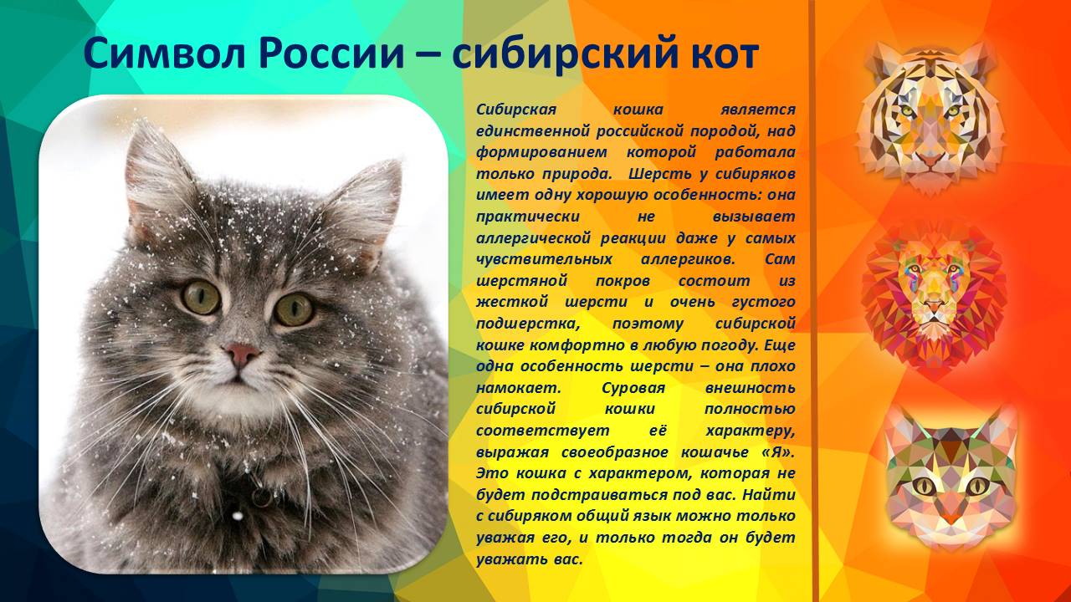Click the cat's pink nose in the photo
(242, 355)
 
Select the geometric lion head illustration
(933, 293)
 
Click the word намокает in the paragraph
(511, 388)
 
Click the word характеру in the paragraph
(750, 431)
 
